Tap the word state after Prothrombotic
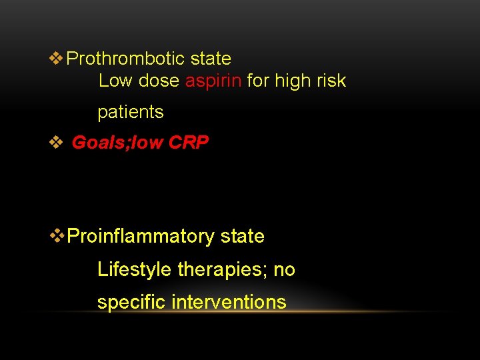(x=211, y=59)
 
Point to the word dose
(x=158, y=81)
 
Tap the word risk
(x=331, y=81)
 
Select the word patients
(x=131, y=112)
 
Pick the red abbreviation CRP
(x=189, y=143)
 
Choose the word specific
(x=131, y=302)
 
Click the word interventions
(x=229, y=302)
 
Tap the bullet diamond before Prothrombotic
(x=57, y=59)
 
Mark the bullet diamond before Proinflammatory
(x=58, y=236)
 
